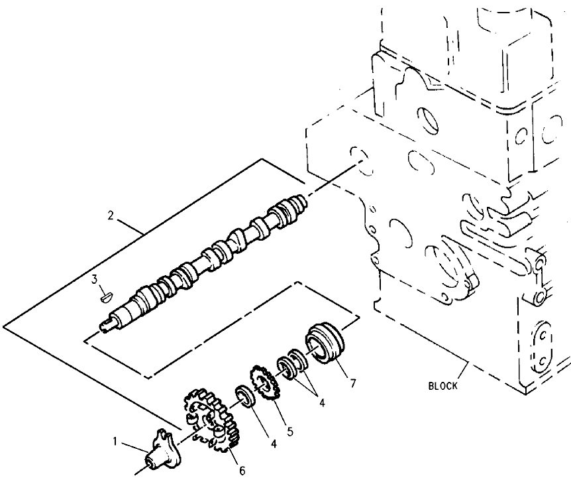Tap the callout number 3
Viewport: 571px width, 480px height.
pyautogui.click(x=95, y=279)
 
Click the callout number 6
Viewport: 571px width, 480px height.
pyautogui.click(x=242, y=470)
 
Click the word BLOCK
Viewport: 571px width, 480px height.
pyautogui.click(x=442, y=386)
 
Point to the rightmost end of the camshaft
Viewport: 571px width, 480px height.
pyautogui.click(x=303, y=198)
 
